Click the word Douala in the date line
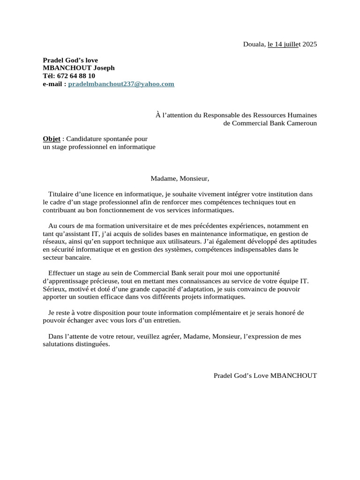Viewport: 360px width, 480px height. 253,45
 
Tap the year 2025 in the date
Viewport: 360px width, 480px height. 309,45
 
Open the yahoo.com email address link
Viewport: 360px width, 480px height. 121,84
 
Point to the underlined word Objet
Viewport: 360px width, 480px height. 52,139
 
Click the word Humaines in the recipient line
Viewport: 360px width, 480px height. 302,115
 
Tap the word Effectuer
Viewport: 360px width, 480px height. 63,273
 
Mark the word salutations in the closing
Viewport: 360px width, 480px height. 59,344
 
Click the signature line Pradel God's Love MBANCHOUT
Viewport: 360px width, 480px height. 265,375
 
